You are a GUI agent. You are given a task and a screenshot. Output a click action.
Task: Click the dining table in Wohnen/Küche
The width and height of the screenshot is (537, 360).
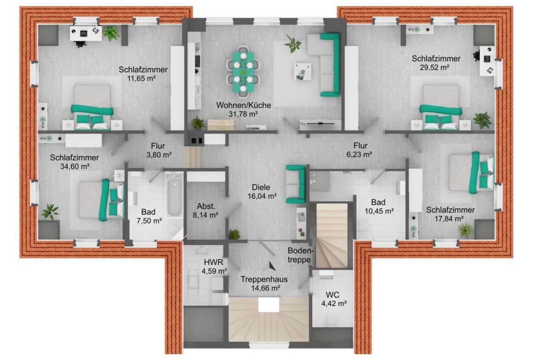[242, 72]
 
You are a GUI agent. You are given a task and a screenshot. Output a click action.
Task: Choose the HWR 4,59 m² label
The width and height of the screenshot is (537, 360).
[215, 266]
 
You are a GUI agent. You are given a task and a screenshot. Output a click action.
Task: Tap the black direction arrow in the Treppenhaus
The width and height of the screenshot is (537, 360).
[272, 265]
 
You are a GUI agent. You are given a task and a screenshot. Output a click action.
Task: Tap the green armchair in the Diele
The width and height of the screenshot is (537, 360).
[296, 184]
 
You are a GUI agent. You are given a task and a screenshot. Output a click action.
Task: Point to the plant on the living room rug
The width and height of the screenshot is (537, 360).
[292, 44]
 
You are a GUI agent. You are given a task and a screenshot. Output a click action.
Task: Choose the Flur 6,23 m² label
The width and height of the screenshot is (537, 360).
[359, 150]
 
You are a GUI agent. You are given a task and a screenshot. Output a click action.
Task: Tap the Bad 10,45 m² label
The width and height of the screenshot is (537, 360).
[378, 207]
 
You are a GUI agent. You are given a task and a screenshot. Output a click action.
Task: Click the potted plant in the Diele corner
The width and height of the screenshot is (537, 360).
[235, 234]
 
